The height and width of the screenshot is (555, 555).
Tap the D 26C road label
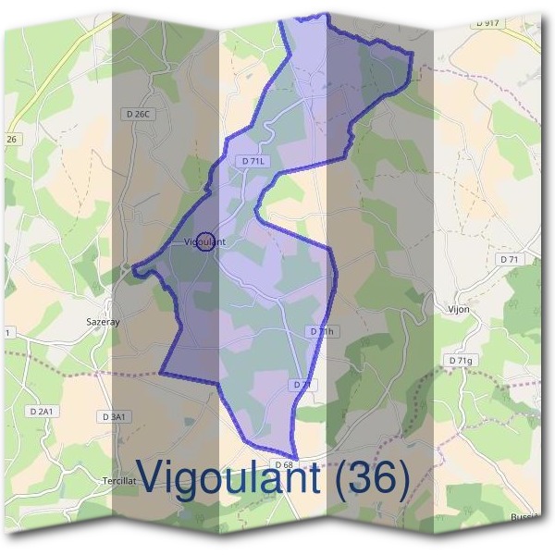[136, 114]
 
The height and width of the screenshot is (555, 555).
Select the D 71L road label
[253, 160]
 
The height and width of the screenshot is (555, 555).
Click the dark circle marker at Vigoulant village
[206, 241]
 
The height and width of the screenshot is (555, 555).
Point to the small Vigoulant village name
[204, 242]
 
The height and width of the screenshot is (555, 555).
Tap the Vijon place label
[459, 309]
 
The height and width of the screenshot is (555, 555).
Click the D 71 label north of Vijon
[510, 260]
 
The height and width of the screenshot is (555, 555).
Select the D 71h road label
[320, 331]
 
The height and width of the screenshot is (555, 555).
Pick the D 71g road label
[460, 360]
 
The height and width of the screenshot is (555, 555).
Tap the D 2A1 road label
[42, 411]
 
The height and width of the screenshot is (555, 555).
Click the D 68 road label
[283, 463]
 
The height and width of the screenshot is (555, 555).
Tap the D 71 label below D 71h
[302, 384]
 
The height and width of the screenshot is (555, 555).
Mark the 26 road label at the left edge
[11, 139]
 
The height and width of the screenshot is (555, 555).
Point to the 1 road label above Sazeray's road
[7, 331]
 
